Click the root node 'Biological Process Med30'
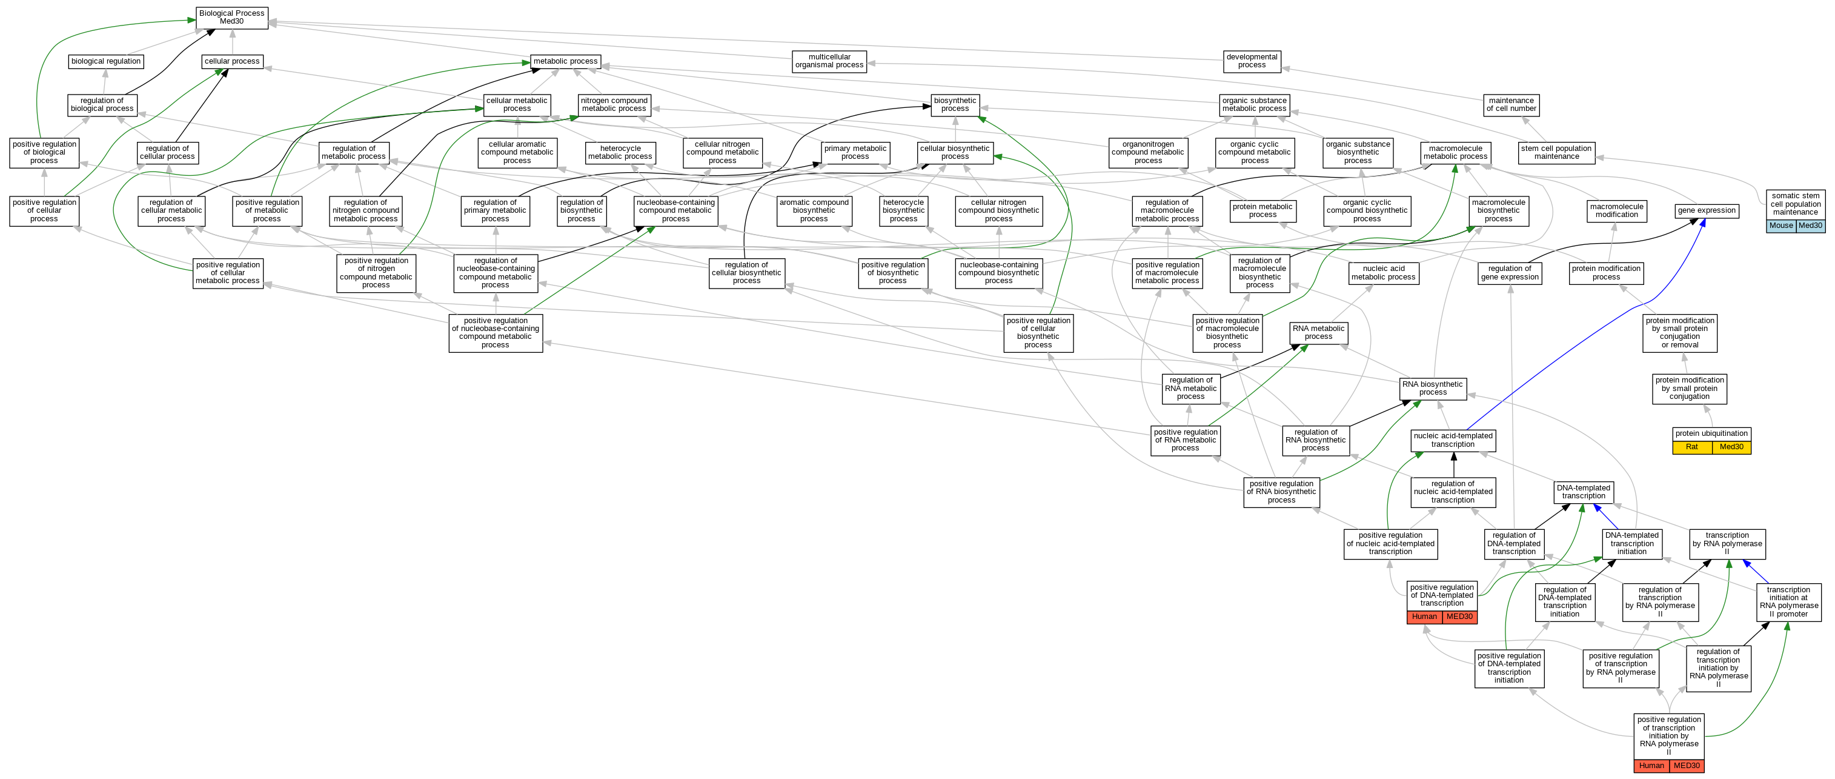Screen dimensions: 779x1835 [x=231, y=18]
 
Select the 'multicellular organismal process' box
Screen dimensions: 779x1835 [x=829, y=61]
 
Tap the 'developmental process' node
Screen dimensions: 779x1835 [x=1252, y=61]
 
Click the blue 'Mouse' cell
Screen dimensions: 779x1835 [x=1781, y=226]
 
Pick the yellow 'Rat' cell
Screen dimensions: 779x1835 [x=1692, y=447]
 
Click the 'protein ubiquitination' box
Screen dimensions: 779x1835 [x=1711, y=433]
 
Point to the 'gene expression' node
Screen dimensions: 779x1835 [x=1706, y=211]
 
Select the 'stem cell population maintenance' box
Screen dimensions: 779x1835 [x=1556, y=153]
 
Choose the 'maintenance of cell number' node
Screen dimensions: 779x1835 [x=1511, y=105]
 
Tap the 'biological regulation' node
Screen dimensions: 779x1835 [x=106, y=61]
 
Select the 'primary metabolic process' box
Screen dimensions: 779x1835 [x=855, y=153]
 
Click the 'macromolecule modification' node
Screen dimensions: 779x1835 [x=1616, y=211]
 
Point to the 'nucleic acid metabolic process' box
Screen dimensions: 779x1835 [x=1384, y=273]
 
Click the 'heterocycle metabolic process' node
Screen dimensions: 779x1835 [x=620, y=153]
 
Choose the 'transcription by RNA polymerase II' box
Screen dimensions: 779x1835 [x=1727, y=544]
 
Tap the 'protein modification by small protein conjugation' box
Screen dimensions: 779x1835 [x=1689, y=389]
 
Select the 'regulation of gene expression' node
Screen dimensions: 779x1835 [x=1510, y=273]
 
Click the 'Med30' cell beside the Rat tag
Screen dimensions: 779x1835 [x=1731, y=447]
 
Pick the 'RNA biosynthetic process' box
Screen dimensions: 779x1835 [x=1433, y=389]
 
